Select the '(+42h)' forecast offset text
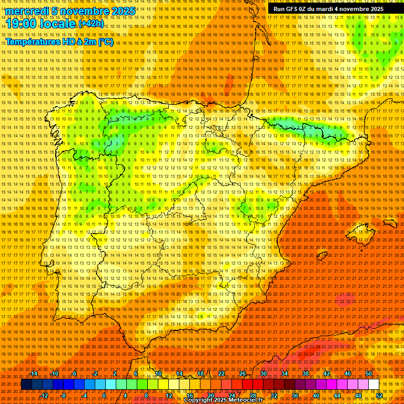pyautogui.click(x=91, y=24)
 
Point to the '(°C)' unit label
pyautogui.click(x=105, y=42)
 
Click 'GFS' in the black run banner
pyautogui.click(x=295, y=9)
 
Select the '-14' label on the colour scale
pyautogui.click(x=34, y=373)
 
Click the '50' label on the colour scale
pyautogui.click(x=369, y=373)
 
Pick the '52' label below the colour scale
pyautogui.click(x=379, y=396)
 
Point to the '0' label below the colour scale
pyautogui.click(x=104, y=396)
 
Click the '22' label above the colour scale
pyautogui.click(x=221, y=373)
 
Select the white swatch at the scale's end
pyautogui.click(x=374, y=385)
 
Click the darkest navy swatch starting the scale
pyautogui.click(x=26, y=385)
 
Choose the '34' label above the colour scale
pyautogui.click(x=285, y=373)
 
